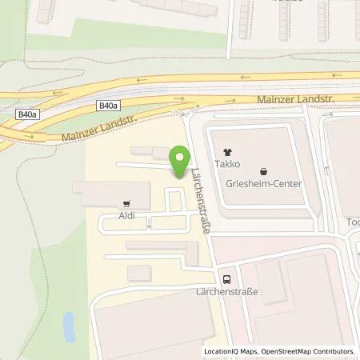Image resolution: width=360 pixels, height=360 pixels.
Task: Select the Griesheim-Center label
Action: [265, 182]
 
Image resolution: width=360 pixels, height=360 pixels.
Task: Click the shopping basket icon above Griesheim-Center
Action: [265, 170]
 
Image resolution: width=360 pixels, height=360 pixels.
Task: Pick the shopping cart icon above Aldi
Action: [126, 203]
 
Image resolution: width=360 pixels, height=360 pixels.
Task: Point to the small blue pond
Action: [69, 325]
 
